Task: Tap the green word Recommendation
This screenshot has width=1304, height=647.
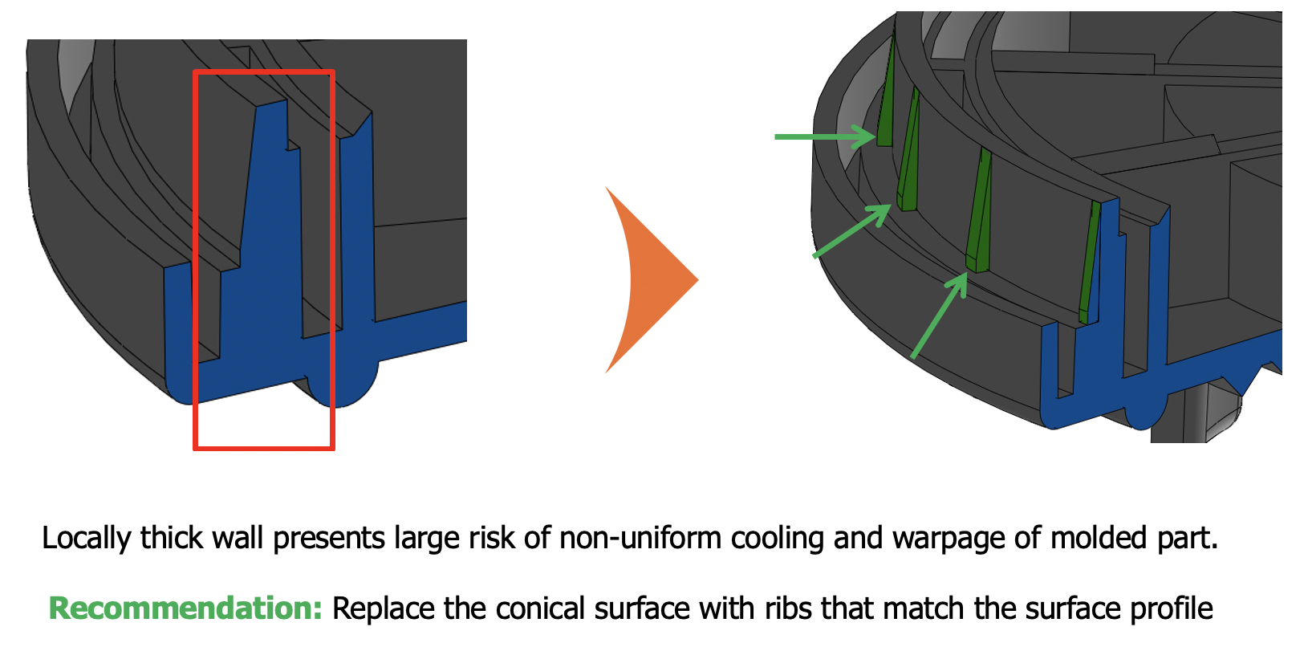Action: pos(185,608)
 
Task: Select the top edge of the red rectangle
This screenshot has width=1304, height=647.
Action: pos(263,72)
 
